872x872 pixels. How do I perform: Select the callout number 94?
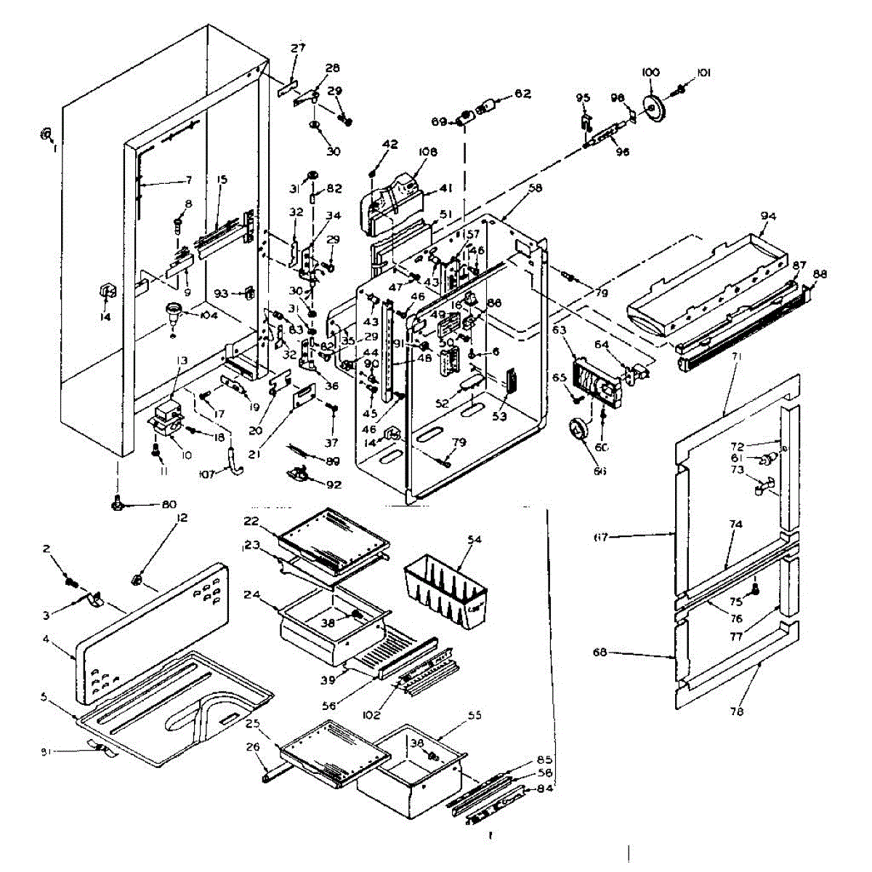[768, 216]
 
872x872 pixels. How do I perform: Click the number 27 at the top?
[298, 48]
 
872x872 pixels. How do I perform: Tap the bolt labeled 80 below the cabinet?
[116, 503]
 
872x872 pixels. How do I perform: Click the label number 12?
[182, 517]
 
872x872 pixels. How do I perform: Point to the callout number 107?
[207, 476]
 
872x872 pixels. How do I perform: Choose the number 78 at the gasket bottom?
[736, 712]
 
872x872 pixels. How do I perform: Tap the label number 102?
[372, 714]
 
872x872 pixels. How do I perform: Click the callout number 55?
[475, 715]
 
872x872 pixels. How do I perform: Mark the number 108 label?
[427, 153]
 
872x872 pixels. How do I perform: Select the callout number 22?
[251, 521]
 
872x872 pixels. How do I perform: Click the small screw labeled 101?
[681, 89]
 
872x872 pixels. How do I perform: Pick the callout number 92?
[334, 485]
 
